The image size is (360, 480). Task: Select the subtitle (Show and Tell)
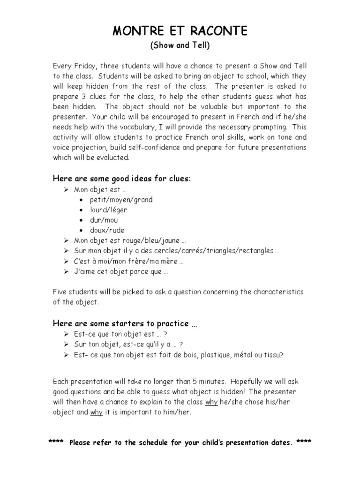(180, 46)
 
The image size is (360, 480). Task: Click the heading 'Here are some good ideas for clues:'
(122, 179)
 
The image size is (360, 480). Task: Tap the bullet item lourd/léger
(108, 210)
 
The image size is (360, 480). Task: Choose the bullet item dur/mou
(104, 220)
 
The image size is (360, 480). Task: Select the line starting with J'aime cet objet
(121, 272)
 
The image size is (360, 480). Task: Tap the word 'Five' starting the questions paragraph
(60, 292)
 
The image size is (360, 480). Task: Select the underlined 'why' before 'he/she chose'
(211, 402)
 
